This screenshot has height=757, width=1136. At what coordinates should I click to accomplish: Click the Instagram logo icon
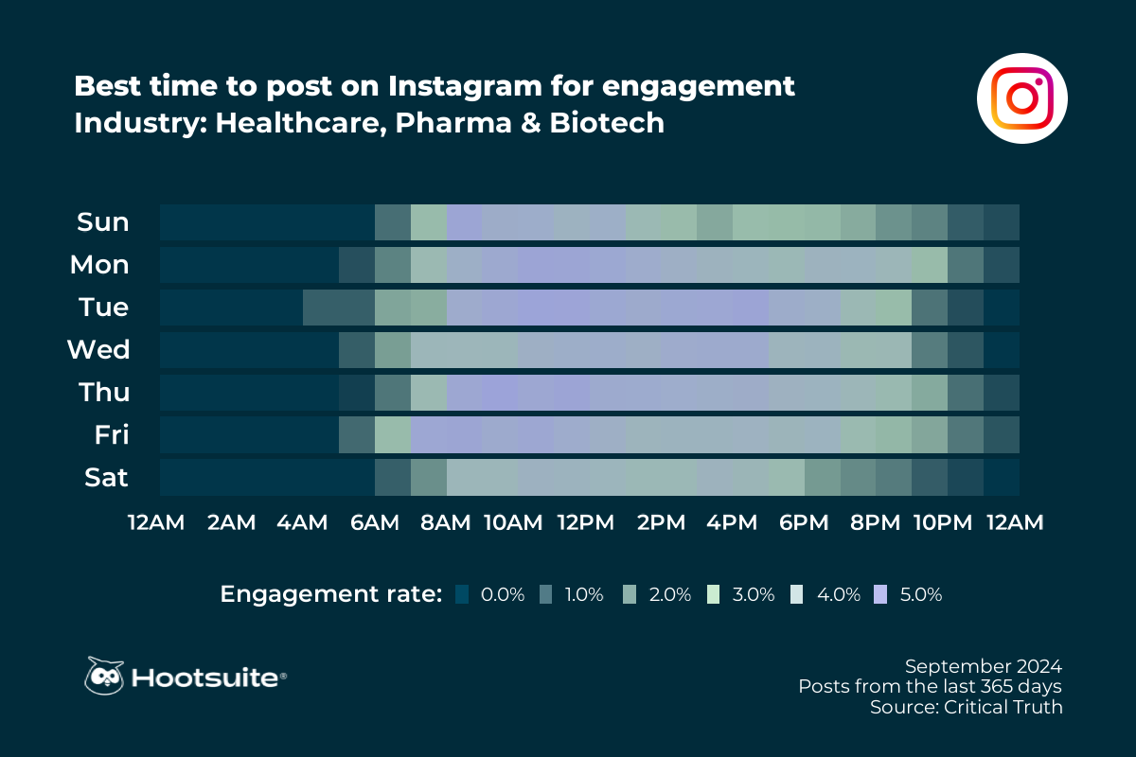[x=1021, y=98]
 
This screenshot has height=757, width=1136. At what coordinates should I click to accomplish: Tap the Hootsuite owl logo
[x=104, y=676]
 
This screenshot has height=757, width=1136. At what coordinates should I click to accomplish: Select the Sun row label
[x=103, y=222]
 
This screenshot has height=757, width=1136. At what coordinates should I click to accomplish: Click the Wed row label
[x=98, y=350]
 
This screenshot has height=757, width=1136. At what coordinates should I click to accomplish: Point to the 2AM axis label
[x=231, y=522]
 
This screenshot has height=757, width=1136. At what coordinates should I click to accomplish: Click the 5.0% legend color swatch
[x=881, y=594]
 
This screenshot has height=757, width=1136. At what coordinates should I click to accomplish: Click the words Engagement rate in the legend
[x=331, y=594]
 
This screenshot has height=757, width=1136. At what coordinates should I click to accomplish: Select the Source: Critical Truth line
[x=966, y=707]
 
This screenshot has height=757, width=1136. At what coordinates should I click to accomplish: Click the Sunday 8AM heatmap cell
[x=464, y=222]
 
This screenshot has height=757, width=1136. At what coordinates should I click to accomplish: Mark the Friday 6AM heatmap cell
[x=393, y=435]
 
